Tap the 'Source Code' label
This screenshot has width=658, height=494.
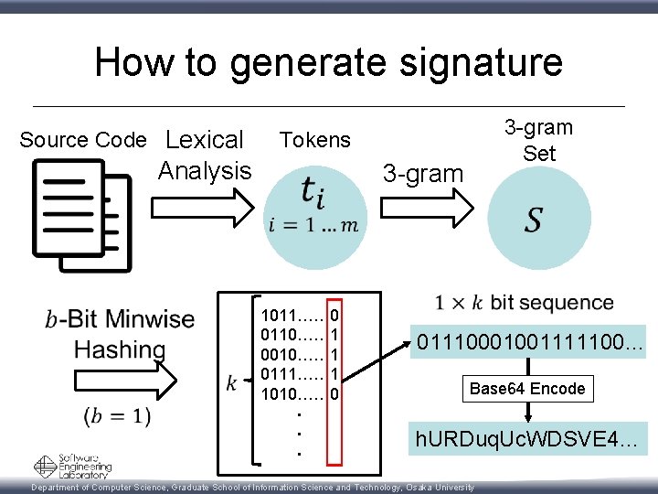point(82,140)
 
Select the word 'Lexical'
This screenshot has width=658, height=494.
point(205,140)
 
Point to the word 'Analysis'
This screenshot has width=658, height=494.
point(205,170)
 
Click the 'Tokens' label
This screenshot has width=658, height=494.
point(314,139)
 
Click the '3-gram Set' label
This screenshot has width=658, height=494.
point(538,140)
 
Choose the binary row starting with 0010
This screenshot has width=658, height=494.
point(301,353)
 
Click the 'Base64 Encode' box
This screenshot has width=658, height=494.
point(526,389)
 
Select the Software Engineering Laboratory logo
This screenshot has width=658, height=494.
point(72,467)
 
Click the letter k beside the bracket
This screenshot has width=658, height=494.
point(231,381)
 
